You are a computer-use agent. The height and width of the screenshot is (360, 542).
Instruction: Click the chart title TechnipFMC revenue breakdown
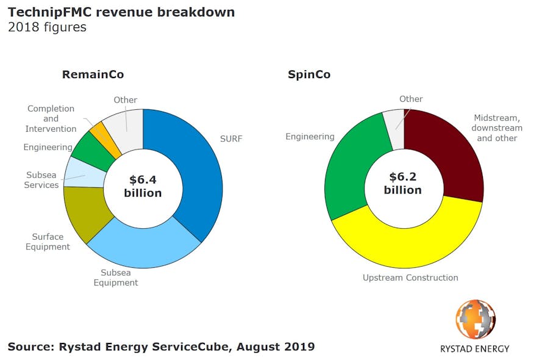click(x=121, y=12)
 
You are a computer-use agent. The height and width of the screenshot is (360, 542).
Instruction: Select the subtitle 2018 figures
click(x=47, y=27)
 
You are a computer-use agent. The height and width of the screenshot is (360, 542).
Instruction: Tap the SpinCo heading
click(x=309, y=74)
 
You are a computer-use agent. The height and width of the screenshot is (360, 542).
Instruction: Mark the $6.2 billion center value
click(x=402, y=184)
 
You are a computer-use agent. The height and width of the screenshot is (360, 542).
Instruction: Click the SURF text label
click(x=231, y=139)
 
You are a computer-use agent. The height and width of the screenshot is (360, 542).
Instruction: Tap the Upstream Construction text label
click(x=410, y=278)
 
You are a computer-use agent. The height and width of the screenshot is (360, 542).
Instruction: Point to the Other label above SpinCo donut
click(x=411, y=99)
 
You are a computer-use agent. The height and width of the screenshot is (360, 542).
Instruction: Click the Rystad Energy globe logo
click(x=476, y=319)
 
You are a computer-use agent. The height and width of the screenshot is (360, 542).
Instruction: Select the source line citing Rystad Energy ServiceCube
click(x=161, y=347)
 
